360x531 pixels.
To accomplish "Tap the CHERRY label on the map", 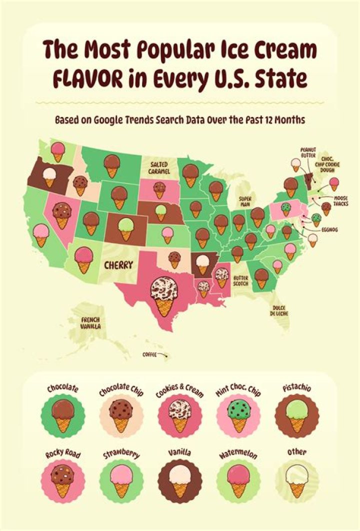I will tap(118, 265).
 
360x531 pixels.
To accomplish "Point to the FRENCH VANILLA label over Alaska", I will tap(90, 323).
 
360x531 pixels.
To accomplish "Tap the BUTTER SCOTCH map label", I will tap(241, 280).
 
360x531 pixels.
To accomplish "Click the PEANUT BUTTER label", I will tap(308, 152).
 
